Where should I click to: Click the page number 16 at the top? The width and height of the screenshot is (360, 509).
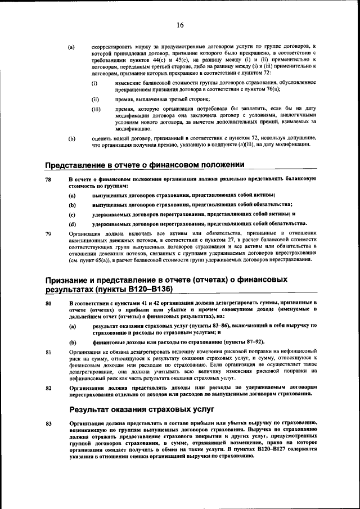(180, 25)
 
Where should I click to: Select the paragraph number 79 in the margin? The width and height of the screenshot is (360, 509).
(48, 233)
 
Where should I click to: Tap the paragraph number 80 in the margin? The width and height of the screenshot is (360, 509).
(48, 303)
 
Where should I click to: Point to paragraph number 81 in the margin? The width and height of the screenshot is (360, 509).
(48, 352)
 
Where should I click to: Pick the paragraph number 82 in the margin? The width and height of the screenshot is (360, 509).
(48, 388)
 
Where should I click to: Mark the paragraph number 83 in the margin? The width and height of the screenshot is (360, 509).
(48, 423)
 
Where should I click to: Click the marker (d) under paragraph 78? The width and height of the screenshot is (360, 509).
(72, 223)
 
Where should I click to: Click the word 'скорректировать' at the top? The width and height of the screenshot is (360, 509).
(111, 46)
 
